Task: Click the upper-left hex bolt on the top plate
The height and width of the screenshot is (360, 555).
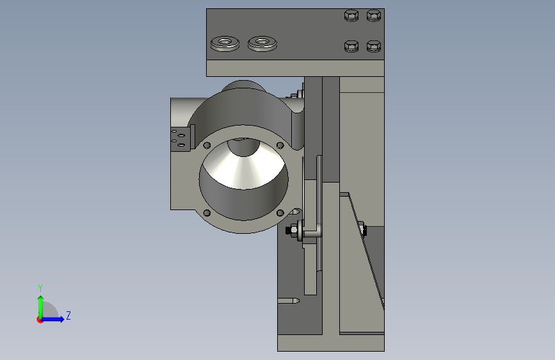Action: point(351,15)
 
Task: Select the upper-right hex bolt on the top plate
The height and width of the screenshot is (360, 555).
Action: point(374,15)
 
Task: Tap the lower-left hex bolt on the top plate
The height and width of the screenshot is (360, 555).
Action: point(351,46)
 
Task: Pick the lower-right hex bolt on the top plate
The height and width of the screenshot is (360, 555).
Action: point(374,46)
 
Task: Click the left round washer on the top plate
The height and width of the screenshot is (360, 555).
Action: point(225,44)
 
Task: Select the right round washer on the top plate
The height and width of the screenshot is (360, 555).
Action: point(262,44)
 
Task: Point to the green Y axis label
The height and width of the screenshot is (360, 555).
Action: point(40,288)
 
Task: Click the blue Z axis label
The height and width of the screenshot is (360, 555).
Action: point(68,315)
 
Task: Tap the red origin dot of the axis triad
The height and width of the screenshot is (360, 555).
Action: point(40,320)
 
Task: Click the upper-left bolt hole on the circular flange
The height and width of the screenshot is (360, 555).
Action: point(207,145)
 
